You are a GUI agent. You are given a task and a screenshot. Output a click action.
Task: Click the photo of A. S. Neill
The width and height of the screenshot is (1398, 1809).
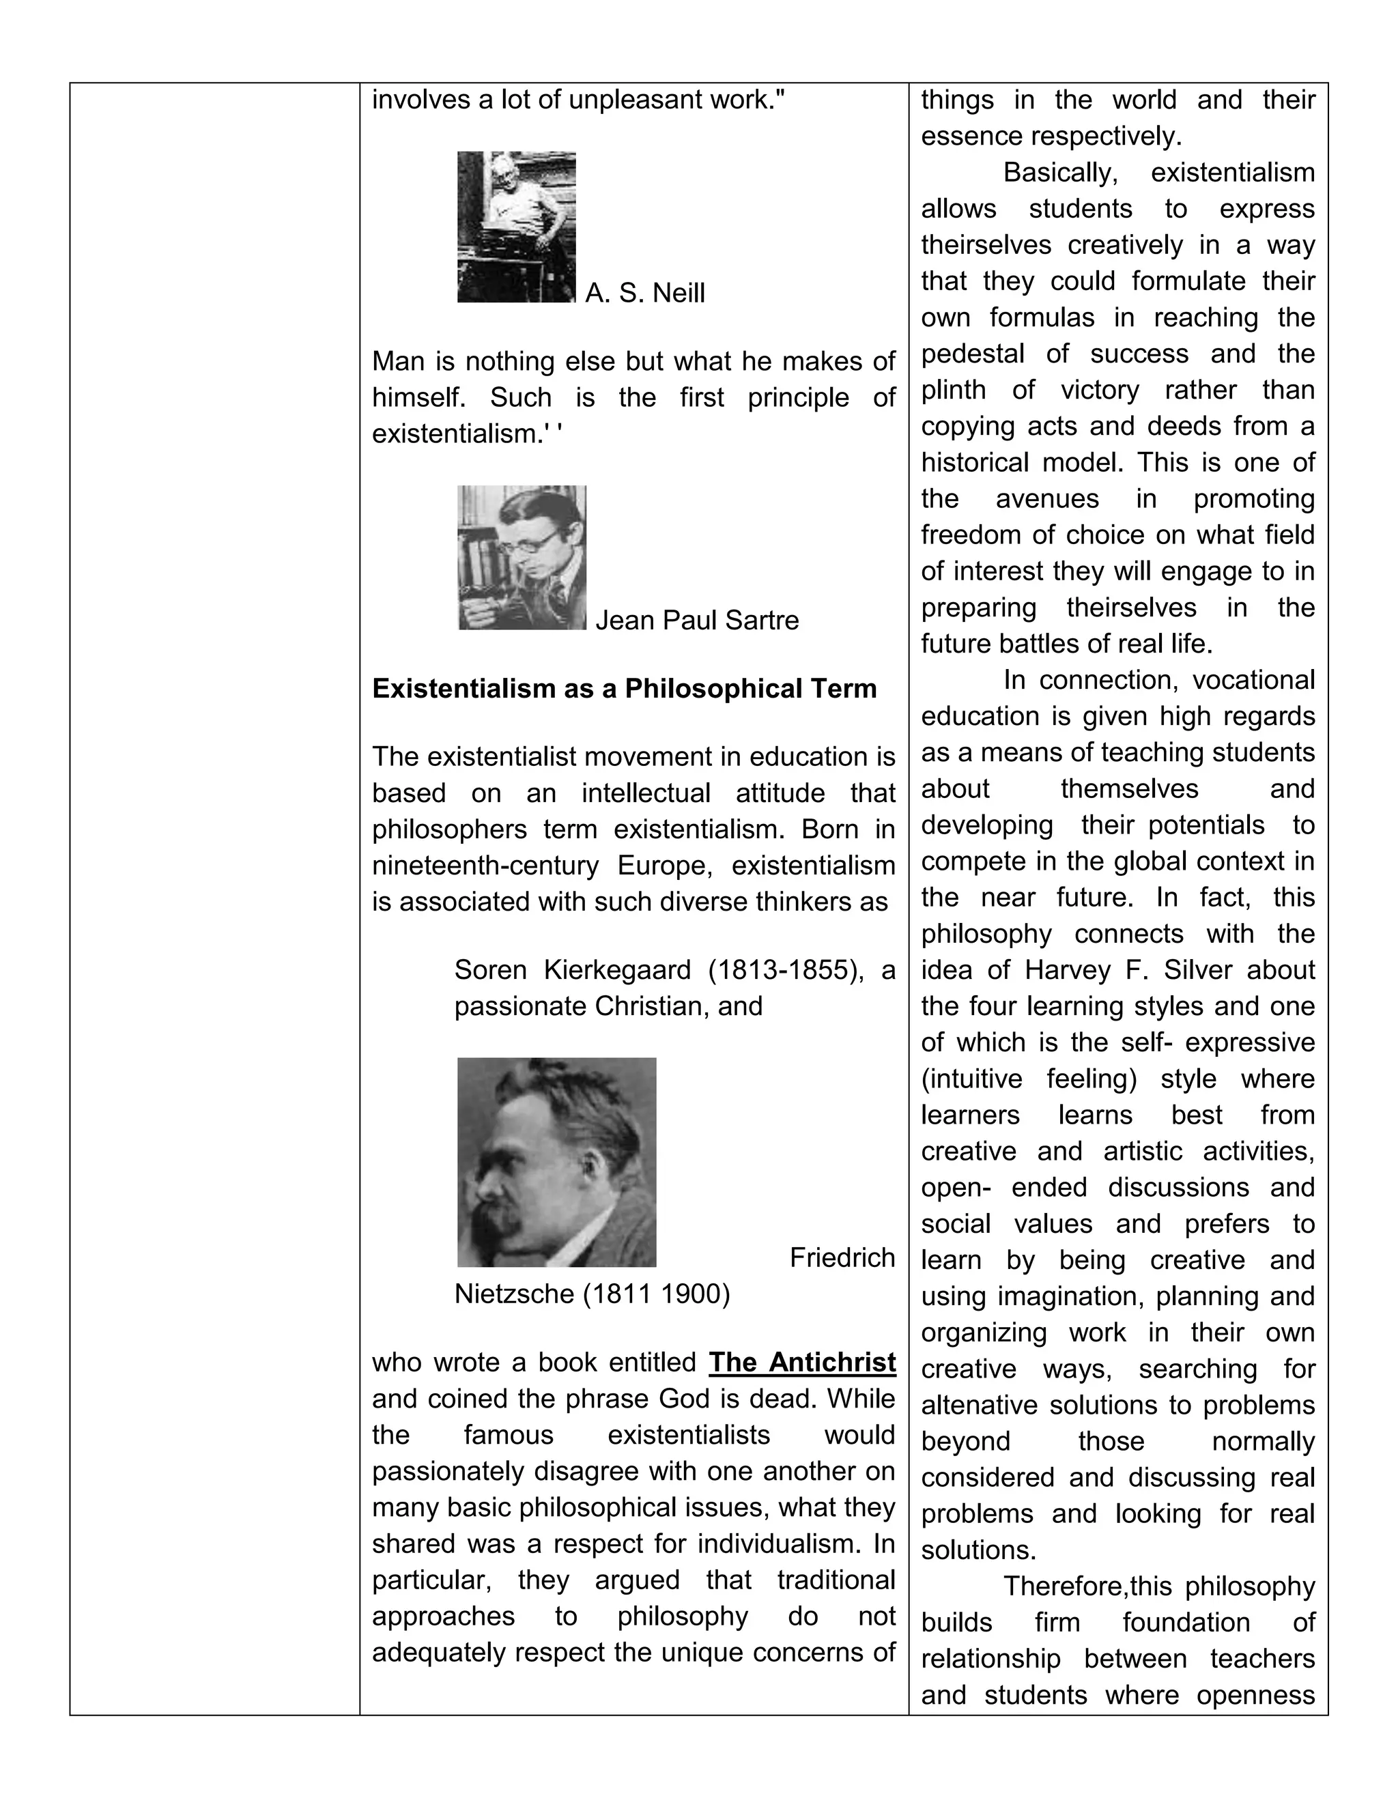(x=516, y=226)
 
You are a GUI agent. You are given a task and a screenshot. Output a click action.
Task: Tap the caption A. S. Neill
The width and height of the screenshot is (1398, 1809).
(x=644, y=294)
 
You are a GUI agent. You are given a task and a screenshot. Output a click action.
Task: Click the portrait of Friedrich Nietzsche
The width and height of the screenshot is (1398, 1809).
(x=556, y=1161)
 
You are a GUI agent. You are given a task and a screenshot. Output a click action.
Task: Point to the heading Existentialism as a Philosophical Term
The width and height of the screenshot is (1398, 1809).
(x=624, y=688)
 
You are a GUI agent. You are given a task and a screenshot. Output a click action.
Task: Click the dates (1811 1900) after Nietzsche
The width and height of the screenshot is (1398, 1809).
(x=657, y=1294)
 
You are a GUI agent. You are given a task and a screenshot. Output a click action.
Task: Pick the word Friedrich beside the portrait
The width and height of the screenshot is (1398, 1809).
(x=842, y=1257)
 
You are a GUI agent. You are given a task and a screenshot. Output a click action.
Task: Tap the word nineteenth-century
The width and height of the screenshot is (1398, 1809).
(x=485, y=866)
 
